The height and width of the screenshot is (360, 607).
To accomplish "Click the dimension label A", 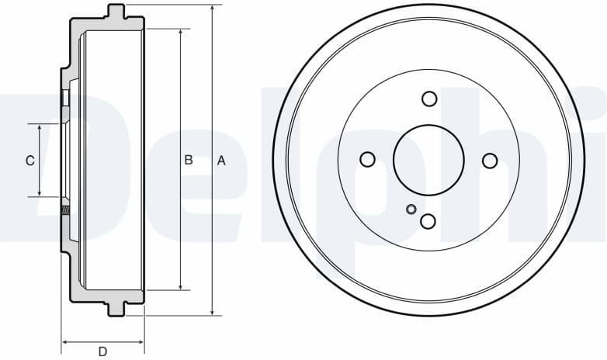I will pyautogui.click(x=221, y=161).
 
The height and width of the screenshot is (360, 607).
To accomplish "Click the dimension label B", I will pyautogui.click(x=188, y=161).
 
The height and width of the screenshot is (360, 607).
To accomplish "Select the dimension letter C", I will pyautogui.click(x=29, y=161).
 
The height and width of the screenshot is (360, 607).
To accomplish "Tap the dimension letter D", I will pyautogui.click(x=102, y=351).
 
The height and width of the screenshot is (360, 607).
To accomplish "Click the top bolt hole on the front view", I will pyautogui.click(x=428, y=99).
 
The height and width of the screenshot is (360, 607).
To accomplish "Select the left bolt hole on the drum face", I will pyautogui.click(x=368, y=160).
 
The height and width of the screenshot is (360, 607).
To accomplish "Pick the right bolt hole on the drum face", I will pyautogui.click(x=490, y=160).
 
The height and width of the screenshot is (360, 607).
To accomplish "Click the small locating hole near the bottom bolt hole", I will pyautogui.click(x=411, y=208).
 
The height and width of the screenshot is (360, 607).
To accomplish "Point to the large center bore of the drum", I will pyautogui.click(x=428, y=160).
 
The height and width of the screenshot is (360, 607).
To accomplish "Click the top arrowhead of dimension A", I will pyautogui.click(x=212, y=9).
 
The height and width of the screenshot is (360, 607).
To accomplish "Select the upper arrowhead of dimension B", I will pyautogui.click(x=181, y=33).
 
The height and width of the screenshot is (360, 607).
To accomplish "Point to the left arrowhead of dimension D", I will pyautogui.click(x=66, y=341).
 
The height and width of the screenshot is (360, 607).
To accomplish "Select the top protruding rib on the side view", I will pyautogui.click(x=116, y=12).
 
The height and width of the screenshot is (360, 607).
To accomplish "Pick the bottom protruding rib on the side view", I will pyautogui.click(x=116, y=309).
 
